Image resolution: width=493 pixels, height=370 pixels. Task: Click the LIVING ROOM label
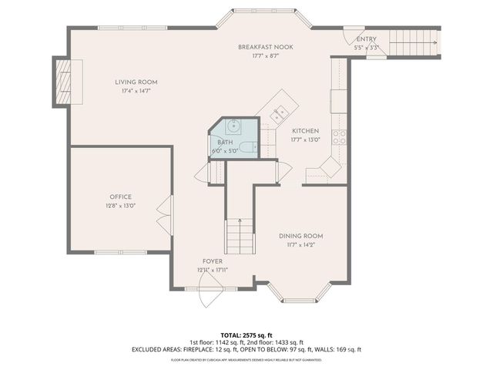tap(136, 82)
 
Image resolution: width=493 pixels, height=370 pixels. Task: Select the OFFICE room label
tap(120, 197)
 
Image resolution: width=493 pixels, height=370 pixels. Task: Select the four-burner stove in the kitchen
tap(338, 138)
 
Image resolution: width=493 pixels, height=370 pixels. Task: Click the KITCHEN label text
tap(305, 131)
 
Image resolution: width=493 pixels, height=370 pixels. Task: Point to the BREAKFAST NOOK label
tap(265, 47)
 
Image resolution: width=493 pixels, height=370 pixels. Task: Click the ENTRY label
tap(367, 39)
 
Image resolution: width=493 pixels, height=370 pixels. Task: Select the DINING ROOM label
tap(300, 236)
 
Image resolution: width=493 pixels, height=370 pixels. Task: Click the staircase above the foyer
tap(240, 234)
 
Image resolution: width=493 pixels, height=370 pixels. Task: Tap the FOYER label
tap(213, 261)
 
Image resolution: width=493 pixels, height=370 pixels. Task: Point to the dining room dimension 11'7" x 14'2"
tap(300, 244)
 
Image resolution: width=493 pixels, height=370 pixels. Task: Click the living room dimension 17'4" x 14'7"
tap(136, 91)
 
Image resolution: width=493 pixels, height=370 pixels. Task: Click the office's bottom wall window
tap(119, 252)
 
